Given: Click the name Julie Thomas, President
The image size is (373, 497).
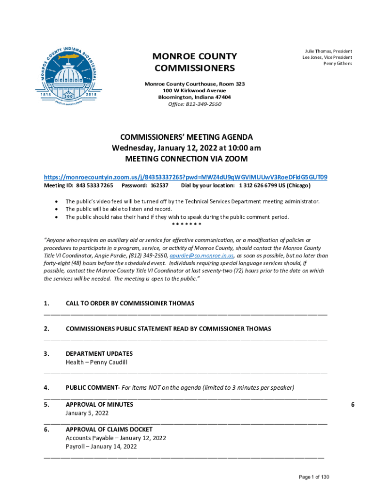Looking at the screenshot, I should pos(328,51).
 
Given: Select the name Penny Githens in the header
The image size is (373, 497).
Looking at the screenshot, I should pos(338,64).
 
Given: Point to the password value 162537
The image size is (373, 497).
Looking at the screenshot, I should pos(159,186).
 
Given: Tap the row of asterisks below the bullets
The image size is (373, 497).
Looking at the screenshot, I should pos(186,224).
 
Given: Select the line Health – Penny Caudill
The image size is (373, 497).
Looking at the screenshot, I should pos(96,363).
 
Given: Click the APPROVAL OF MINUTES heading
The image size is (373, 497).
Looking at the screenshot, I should pos(99,404).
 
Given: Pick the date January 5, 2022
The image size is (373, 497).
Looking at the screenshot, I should pos(87,413).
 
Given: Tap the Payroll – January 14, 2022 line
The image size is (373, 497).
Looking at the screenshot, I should pos(101,446).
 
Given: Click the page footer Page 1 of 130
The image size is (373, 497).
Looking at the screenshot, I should pos(314,477).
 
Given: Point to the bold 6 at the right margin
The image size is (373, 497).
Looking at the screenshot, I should pos(353,404).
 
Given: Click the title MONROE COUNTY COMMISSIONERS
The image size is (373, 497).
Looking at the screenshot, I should pos(194,62).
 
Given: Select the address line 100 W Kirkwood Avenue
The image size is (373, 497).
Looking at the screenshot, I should pos(195,91).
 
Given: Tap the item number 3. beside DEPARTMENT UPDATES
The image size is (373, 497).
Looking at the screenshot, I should pos(47,354).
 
